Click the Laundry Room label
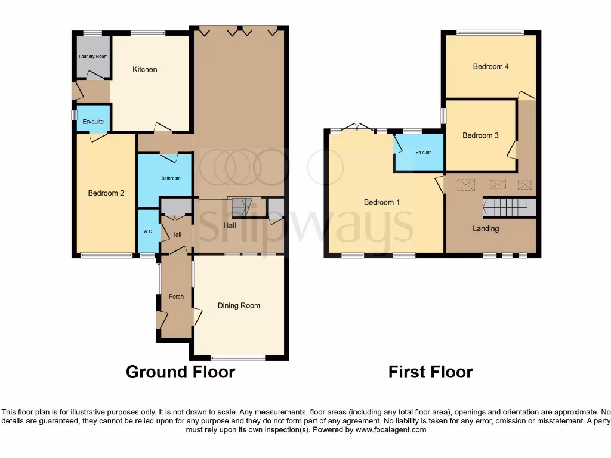point(93,57)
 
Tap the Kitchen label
point(144,70)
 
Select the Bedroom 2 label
point(106,193)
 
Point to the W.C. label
point(148,231)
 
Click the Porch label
point(176,296)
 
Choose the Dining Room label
point(239,306)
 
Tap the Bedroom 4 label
point(490,67)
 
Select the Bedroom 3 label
point(480,135)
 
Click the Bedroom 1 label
point(382,202)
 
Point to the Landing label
point(486,228)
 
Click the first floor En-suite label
point(423,153)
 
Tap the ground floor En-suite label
point(93,122)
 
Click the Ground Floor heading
point(180,372)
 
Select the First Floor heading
point(430,372)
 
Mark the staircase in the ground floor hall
point(241,207)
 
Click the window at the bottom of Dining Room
point(237,358)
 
